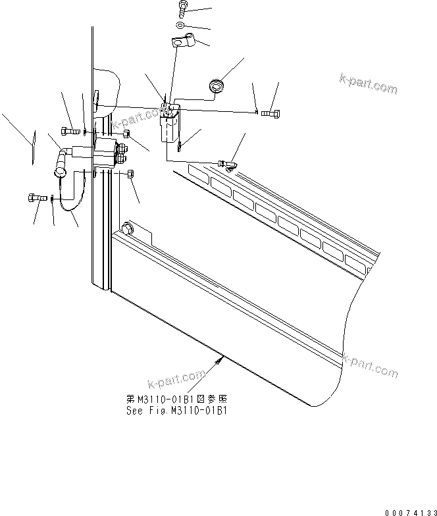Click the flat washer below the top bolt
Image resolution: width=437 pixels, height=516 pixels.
coord(180,26)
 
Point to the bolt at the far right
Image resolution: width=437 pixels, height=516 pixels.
coord(270,114)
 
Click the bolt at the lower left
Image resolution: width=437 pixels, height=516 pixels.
coord(36,197)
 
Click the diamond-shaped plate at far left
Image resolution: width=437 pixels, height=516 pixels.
coord(31,146)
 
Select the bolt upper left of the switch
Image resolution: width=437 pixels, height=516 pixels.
coord(70,130)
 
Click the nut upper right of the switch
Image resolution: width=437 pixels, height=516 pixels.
coord(125,134)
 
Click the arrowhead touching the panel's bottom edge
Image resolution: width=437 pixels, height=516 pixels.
coord(222,358)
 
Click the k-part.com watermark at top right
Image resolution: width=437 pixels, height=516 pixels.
coord(369,84)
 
